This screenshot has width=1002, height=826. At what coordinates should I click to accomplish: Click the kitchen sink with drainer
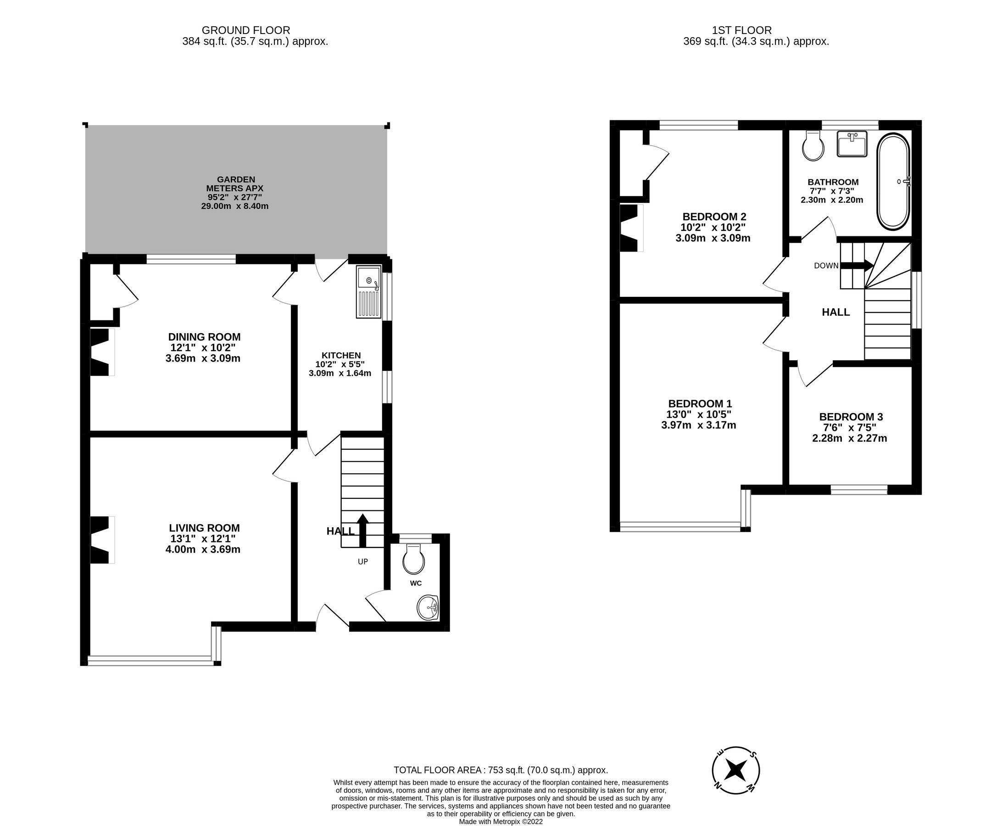tap(369, 292)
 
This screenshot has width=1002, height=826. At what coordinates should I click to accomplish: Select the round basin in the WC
tap(427, 608)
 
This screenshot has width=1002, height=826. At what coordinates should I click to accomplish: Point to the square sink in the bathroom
tap(852, 144)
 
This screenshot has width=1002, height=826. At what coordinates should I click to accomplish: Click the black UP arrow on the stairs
tap(362, 530)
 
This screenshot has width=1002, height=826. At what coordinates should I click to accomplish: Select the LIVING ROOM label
tap(204, 528)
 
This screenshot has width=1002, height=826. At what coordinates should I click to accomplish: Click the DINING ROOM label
tap(204, 337)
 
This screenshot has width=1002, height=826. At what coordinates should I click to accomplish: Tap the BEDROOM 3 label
tap(851, 417)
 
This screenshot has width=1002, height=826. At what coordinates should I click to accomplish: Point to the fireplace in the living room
tap(101, 540)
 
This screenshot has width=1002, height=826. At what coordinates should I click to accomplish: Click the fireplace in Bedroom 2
tap(630, 228)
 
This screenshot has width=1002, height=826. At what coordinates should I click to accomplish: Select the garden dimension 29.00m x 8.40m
tap(234, 206)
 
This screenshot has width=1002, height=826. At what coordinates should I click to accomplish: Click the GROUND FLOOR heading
tap(245, 30)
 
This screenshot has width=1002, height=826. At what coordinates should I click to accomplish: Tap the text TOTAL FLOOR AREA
tap(437, 770)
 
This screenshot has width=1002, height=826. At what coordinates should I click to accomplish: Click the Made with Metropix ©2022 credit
tap(501, 822)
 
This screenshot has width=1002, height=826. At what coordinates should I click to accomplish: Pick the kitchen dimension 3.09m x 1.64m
tap(340, 374)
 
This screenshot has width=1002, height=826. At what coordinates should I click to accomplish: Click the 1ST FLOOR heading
tap(742, 30)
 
